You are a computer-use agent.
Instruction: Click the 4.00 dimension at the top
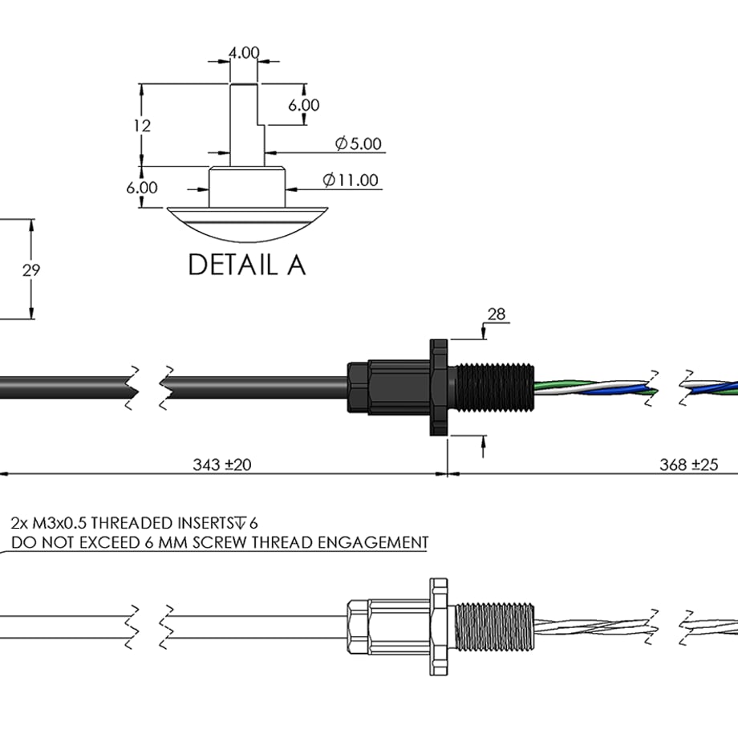[x=244, y=52]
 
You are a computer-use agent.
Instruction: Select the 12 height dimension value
[x=142, y=126]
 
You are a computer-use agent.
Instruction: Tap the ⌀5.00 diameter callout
[x=359, y=143]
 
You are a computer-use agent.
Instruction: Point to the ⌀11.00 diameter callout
[x=351, y=180]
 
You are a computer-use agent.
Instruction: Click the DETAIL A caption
[x=247, y=265]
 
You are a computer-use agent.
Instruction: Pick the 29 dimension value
[x=31, y=270]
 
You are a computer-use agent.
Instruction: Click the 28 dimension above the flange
[x=497, y=314]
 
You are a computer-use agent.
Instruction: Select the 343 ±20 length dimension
[x=222, y=464]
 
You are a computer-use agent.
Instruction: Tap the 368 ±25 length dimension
[x=688, y=464]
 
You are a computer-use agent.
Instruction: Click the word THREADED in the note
[x=132, y=523]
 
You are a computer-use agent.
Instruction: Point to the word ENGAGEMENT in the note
[x=373, y=542]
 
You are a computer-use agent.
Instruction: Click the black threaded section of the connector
[x=494, y=387]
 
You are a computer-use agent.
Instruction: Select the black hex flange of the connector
[x=439, y=387]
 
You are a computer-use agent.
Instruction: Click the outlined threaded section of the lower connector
[x=494, y=627]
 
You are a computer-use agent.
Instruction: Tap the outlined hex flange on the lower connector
[x=439, y=626]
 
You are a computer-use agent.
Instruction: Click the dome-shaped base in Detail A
[x=248, y=225]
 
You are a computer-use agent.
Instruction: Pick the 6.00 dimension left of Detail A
[x=142, y=188]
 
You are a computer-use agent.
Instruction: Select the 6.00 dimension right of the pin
[x=304, y=105]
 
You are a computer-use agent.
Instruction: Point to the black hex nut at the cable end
[x=358, y=387]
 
